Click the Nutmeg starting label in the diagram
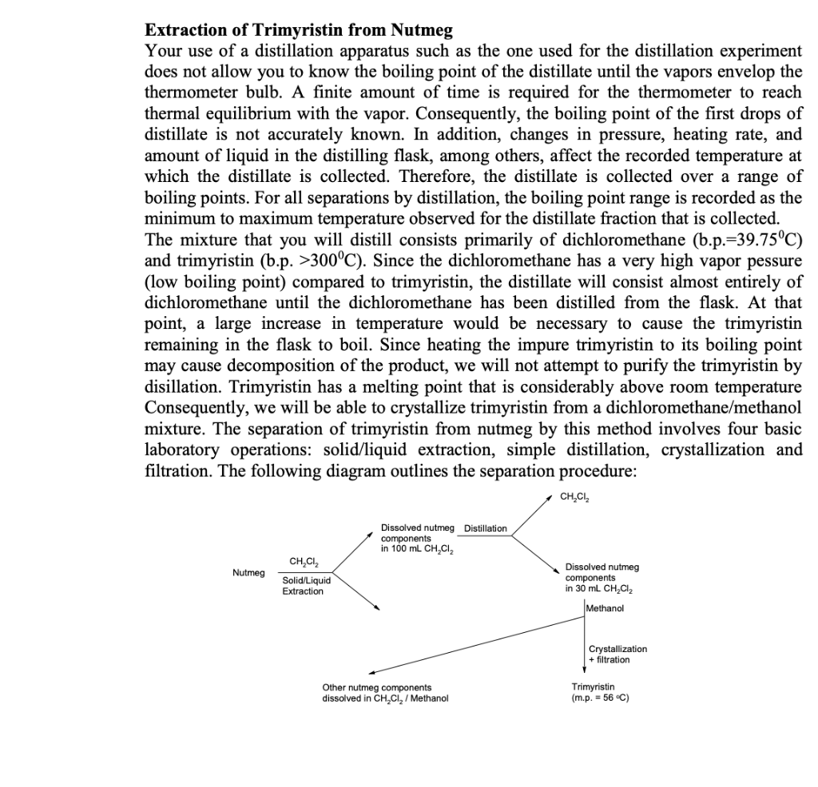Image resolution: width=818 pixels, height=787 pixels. tap(248, 572)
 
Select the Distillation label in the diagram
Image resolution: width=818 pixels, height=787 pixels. tap(486, 528)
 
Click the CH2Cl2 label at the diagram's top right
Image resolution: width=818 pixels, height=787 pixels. tap(576, 497)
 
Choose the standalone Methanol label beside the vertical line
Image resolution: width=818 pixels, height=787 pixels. tap(605, 608)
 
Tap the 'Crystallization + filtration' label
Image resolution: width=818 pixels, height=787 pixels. tap(617, 655)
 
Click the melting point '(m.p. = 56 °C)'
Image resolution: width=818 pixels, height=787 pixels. tap(595, 698)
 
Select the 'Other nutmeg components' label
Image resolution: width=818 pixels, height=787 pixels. tap(376, 687)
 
